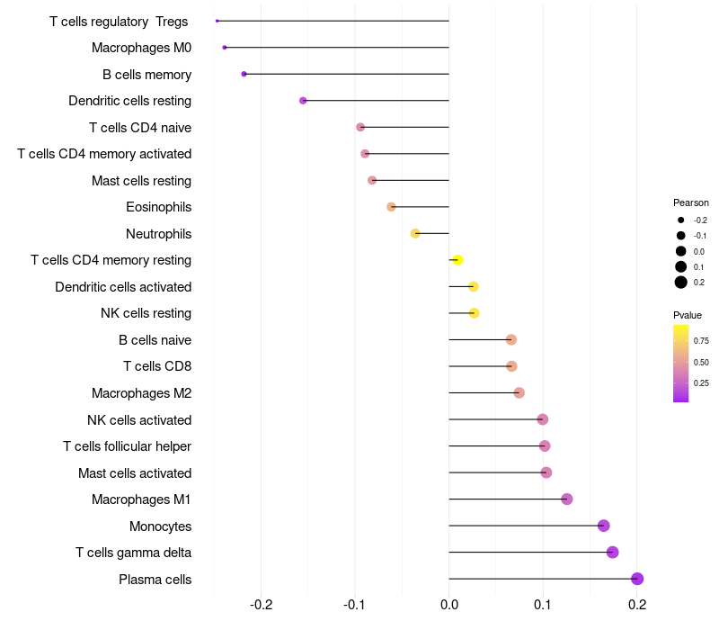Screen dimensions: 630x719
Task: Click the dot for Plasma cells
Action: point(637,579)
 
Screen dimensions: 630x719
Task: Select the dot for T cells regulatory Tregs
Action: point(217,21)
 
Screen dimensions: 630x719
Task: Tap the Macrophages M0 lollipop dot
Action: point(225,47)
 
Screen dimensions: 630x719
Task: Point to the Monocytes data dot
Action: point(603,526)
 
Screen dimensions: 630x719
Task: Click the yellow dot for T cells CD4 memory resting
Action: point(457,260)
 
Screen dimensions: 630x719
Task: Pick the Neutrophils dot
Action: point(415,233)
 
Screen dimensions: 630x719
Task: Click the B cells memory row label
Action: point(146,75)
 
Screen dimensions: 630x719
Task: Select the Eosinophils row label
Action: point(158,207)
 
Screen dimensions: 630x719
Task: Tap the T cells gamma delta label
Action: point(133,553)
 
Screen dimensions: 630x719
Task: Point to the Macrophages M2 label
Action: point(141,393)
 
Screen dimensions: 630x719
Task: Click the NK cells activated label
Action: point(139,420)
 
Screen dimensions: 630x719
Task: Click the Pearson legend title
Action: point(690,202)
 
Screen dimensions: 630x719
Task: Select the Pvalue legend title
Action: point(688,315)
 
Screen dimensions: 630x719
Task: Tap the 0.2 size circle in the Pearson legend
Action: point(681,283)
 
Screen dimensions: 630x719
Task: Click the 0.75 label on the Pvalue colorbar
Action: point(701,341)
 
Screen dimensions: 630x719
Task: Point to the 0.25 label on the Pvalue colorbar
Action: point(701,383)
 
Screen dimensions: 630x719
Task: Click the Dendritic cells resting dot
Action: point(303,101)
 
